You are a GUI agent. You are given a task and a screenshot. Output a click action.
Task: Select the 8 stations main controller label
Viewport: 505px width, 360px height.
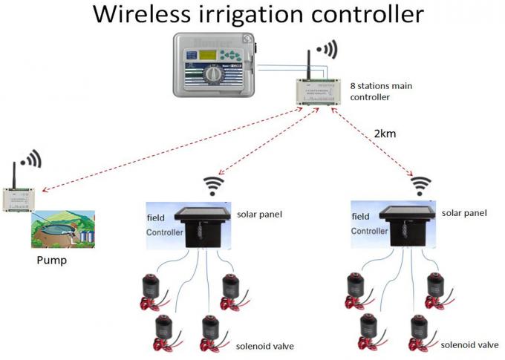click(381, 91)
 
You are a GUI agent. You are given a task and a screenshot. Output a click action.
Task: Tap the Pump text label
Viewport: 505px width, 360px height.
click(53, 261)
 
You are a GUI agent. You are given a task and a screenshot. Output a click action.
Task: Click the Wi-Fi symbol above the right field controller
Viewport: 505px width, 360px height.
click(422, 184)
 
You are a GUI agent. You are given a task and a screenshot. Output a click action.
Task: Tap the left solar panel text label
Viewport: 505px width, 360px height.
click(259, 215)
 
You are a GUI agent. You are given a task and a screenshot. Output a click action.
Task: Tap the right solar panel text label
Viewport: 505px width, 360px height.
click(464, 213)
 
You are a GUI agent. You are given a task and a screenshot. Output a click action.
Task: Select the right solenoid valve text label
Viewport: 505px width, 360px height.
click(469, 344)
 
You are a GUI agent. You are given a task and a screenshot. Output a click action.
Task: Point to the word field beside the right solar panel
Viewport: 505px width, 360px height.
click(359, 217)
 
